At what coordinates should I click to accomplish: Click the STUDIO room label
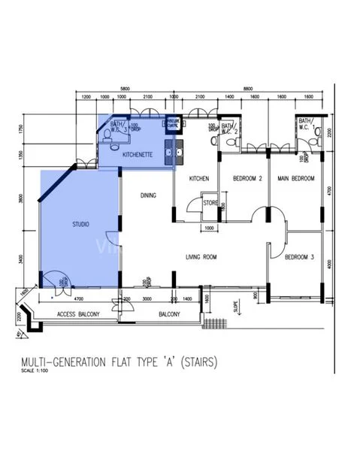80,224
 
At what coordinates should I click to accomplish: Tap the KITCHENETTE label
138,154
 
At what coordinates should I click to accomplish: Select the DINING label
148,195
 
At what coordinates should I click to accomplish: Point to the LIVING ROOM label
201,257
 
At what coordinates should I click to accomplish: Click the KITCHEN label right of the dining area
198,178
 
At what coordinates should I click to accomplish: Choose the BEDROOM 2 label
244,178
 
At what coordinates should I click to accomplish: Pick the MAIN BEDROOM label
295,178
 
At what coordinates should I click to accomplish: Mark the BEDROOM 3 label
298,258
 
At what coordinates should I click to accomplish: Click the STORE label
210,201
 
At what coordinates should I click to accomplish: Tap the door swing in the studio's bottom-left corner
53,281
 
